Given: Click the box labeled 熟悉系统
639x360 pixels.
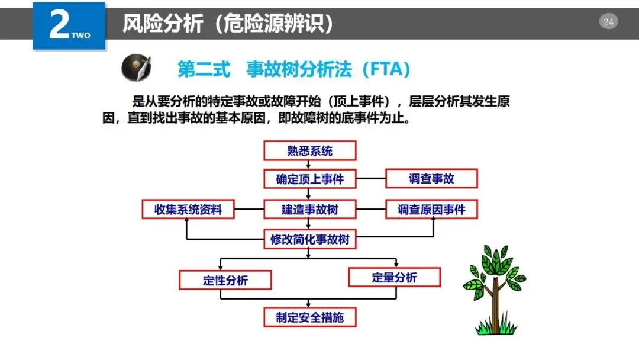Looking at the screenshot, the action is click(x=310, y=150).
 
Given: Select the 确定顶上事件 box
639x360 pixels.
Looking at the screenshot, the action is click(x=310, y=179).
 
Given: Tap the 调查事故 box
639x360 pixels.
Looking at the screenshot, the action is click(x=431, y=178).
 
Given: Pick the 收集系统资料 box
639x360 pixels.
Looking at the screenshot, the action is click(x=188, y=209).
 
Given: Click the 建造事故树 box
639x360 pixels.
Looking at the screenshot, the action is click(x=310, y=209).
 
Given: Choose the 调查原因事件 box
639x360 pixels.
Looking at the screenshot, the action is click(x=431, y=209).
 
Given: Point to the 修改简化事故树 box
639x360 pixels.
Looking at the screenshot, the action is click(x=310, y=240).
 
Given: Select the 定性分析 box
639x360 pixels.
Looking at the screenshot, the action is click(x=225, y=280).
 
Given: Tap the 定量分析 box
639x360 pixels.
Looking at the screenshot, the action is click(x=394, y=277).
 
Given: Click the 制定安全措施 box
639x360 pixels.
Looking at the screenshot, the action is click(x=310, y=317).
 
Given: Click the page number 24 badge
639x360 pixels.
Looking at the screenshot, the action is click(x=608, y=22).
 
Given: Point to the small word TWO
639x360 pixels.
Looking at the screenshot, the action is click(x=80, y=36).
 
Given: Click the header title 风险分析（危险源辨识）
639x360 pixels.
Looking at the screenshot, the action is click(x=228, y=24).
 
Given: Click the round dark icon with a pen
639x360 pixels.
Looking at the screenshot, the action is click(x=136, y=68).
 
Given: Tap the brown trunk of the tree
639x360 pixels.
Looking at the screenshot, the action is click(x=495, y=305).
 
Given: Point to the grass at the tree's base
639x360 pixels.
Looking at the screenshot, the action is click(x=495, y=327).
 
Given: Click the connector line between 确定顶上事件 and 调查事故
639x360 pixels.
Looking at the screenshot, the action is click(x=371, y=178).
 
